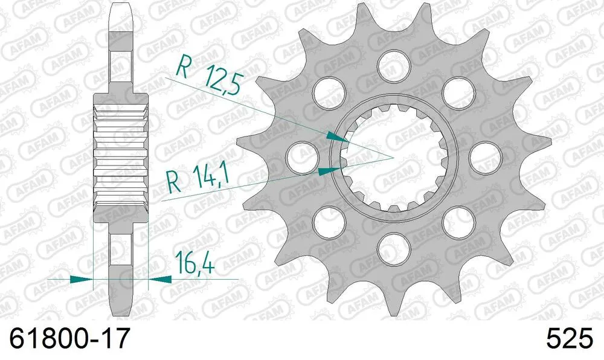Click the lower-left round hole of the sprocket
(327, 219)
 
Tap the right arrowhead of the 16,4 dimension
(159, 279)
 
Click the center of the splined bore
(393, 158)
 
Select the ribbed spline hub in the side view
(121, 153)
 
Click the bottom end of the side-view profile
(121, 311)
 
